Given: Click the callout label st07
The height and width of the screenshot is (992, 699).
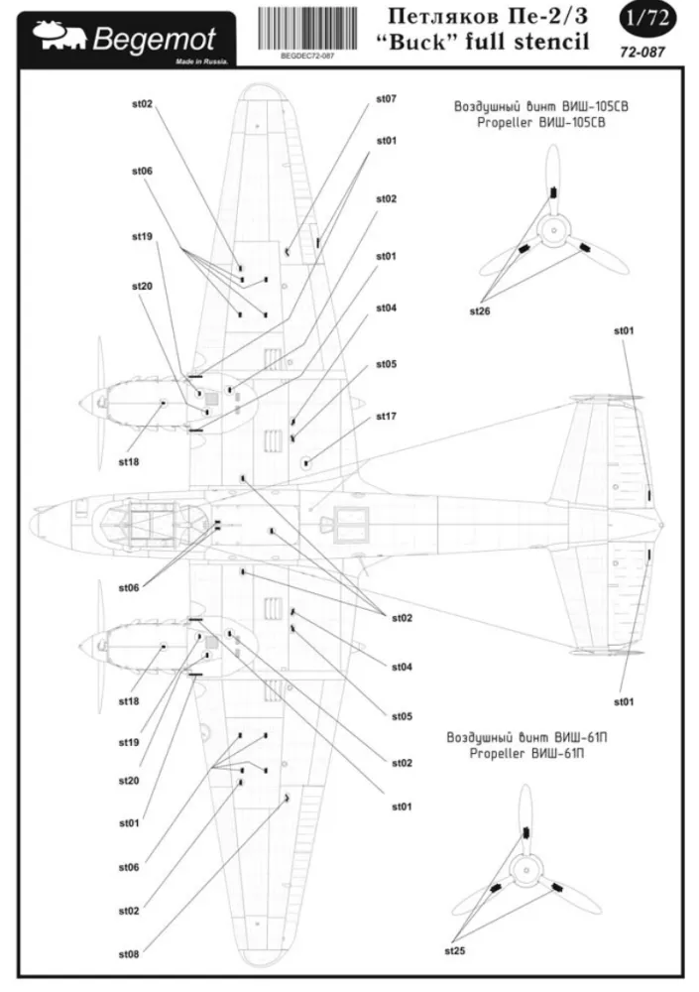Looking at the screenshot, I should [x=386, y=99].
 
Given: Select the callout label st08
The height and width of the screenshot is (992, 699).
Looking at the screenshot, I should [x=129, y=954].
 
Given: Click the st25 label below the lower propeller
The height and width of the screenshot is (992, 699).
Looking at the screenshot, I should [x=455, y=950].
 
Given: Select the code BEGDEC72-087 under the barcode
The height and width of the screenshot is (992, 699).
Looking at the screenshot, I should [x=307, y=58].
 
